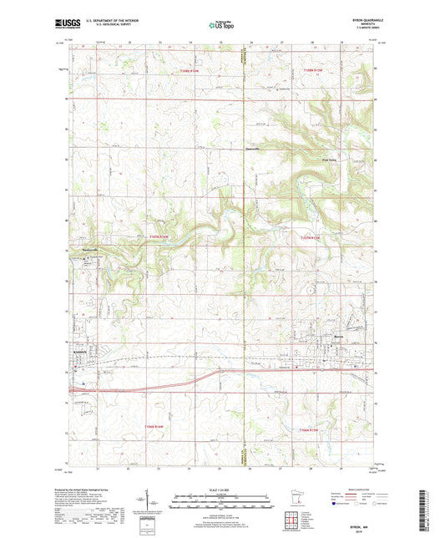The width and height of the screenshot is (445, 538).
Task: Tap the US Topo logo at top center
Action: click(222, 25)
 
